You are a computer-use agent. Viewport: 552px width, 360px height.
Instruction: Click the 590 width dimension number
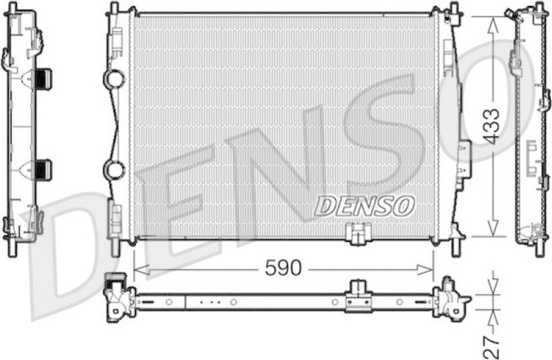click(284, 268)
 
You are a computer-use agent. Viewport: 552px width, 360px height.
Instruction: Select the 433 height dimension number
click(491, 126)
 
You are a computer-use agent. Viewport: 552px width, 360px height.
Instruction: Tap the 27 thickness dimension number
click(491, 347)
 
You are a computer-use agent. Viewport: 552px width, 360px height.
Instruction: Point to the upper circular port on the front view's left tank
click(114, 78)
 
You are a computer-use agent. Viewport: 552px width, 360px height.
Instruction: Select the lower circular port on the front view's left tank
click(114, 170)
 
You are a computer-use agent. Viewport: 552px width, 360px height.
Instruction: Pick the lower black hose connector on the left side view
click(43, 170)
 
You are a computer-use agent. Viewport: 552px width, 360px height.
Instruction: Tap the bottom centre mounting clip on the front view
click(358, 234)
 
